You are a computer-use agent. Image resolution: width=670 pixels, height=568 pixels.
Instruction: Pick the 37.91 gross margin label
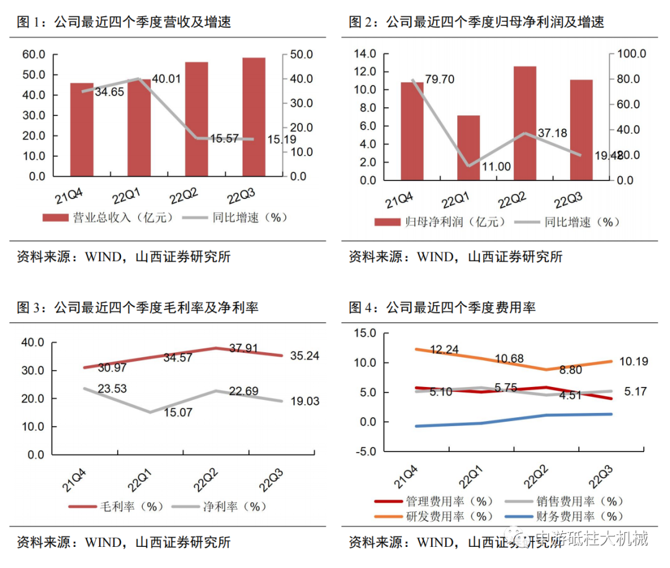(x=243, y=348)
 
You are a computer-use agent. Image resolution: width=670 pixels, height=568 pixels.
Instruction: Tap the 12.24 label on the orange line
(x=444, y=350)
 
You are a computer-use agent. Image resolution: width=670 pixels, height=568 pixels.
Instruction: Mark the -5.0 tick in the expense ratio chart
(x=363, y=451)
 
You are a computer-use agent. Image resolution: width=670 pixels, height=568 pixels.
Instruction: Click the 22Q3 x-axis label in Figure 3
(x=272, y=480)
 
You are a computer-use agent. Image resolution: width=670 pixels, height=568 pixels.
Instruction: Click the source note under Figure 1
(x=123, y=256)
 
